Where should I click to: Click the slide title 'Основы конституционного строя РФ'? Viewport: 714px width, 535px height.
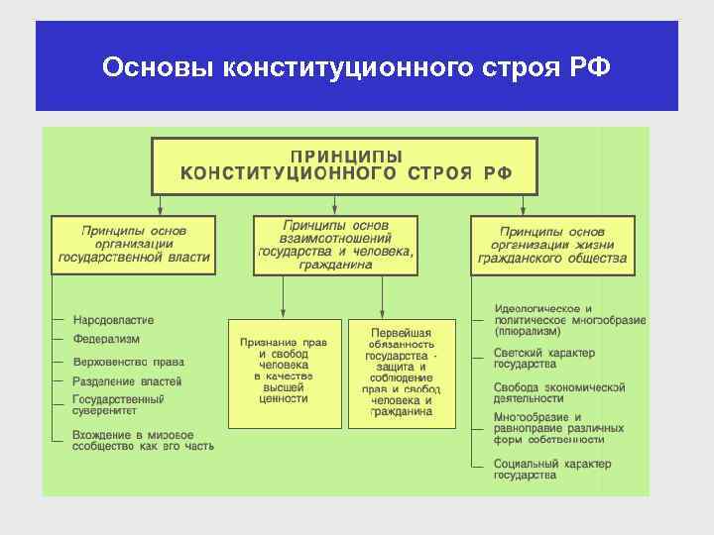pyautogui.click(x=357, y=68)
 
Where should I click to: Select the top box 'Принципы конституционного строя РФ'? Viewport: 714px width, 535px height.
pyautogui.click(x=344, y=165)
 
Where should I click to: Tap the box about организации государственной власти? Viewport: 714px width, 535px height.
pyautogui.click(x=134, y=244)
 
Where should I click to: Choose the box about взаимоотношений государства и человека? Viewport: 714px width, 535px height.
pyautogui.click(x=335, y=244)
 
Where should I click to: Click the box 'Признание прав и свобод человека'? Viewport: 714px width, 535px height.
pyautogui.click(x=284, y=371)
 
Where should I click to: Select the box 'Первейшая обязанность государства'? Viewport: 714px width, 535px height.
pyautogui.click(x=402, y=372)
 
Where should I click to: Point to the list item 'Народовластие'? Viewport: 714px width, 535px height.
pyautogui.click(x=113, y=320)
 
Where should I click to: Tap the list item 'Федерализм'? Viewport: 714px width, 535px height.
pyautogui.click(x=106, y=339)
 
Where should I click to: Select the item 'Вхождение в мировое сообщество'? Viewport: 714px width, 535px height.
pyautogui.click(x=142, y=441)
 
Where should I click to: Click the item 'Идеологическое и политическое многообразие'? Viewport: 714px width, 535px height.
pyautogui.click(x=568, y=320)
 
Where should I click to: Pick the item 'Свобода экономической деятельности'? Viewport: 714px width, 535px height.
pyautogui.click(x=558, y=392)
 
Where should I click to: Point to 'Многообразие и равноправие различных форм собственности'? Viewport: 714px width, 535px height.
pyautogui.click(x=558, y=428)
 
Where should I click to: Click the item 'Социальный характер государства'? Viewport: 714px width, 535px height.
pyautogui.click(x=551, y=469)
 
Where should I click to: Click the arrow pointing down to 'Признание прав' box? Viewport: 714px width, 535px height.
pyautogui.click(x=285, y=296)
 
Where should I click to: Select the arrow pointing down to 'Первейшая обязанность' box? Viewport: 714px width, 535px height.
pyautogui.click(x=381, y=296)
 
